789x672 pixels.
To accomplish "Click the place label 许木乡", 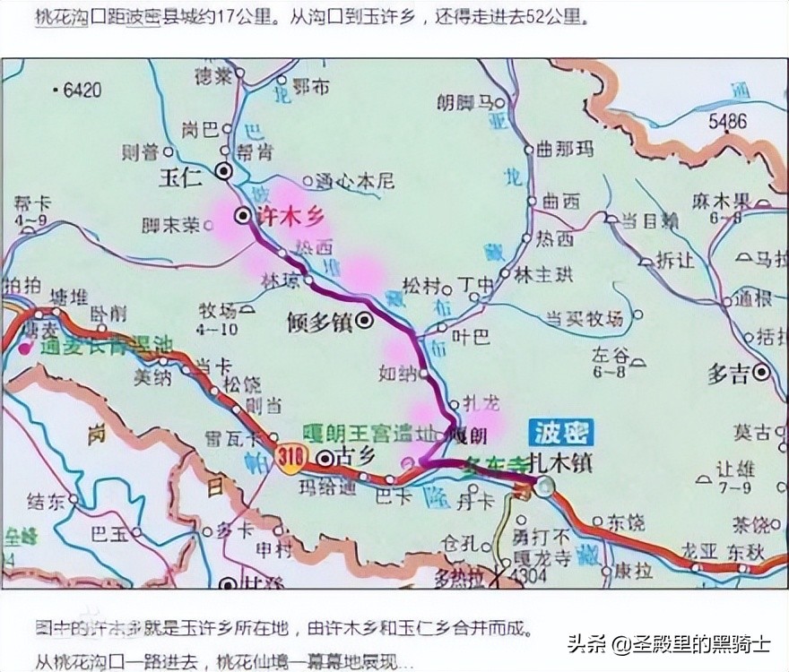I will point(290,216).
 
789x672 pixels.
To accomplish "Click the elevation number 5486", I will point(727,120).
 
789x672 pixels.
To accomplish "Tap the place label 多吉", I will point(728,375).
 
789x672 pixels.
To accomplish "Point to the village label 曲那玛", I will point(569,150).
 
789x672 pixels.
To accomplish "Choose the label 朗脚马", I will point(464,102).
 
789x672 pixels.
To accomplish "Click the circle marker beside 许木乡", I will point(242,215).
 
